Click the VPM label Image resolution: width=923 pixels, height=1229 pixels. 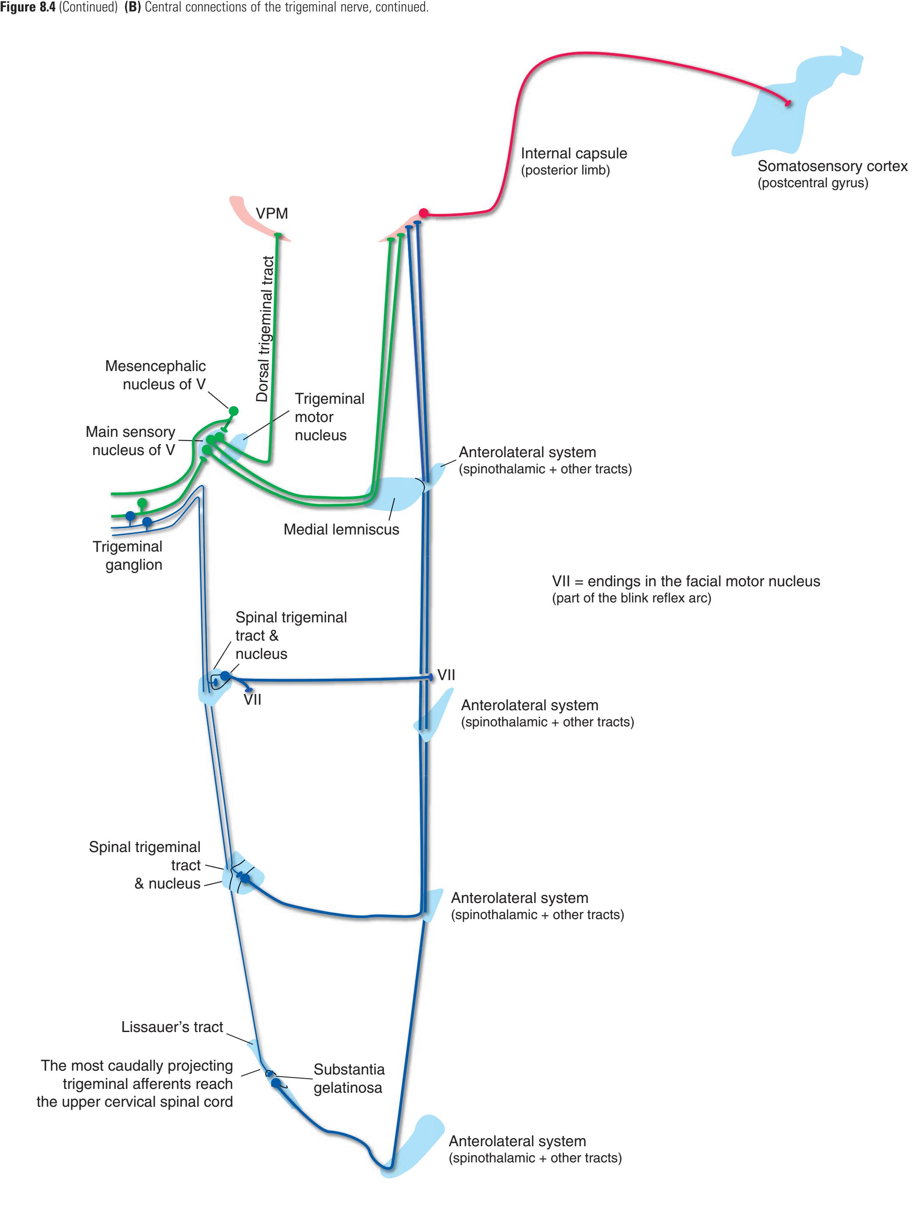[271, 214]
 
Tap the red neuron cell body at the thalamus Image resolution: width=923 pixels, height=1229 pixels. [423, 213]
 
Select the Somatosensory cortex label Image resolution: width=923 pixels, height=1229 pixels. [832, 166]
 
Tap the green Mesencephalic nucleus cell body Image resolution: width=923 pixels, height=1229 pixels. [234, 411]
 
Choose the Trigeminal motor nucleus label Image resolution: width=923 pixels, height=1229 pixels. [329, 417]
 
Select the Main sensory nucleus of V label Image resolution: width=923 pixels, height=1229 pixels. [131, 441]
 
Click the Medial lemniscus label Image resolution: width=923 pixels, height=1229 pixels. [341, 529]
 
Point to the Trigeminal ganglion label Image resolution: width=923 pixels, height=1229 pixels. [128, 555]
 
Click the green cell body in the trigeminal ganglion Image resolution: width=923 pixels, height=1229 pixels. [142, 503]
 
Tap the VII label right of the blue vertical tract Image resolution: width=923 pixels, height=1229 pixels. [446, 675]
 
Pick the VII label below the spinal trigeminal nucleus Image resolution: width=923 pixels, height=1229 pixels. [252, 700]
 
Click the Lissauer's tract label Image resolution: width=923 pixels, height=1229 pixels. [172, 1027]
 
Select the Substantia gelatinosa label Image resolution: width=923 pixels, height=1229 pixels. [349, 1078]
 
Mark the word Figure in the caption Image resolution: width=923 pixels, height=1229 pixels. [18, 8]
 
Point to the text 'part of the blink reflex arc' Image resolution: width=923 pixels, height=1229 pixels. [631, 598]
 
